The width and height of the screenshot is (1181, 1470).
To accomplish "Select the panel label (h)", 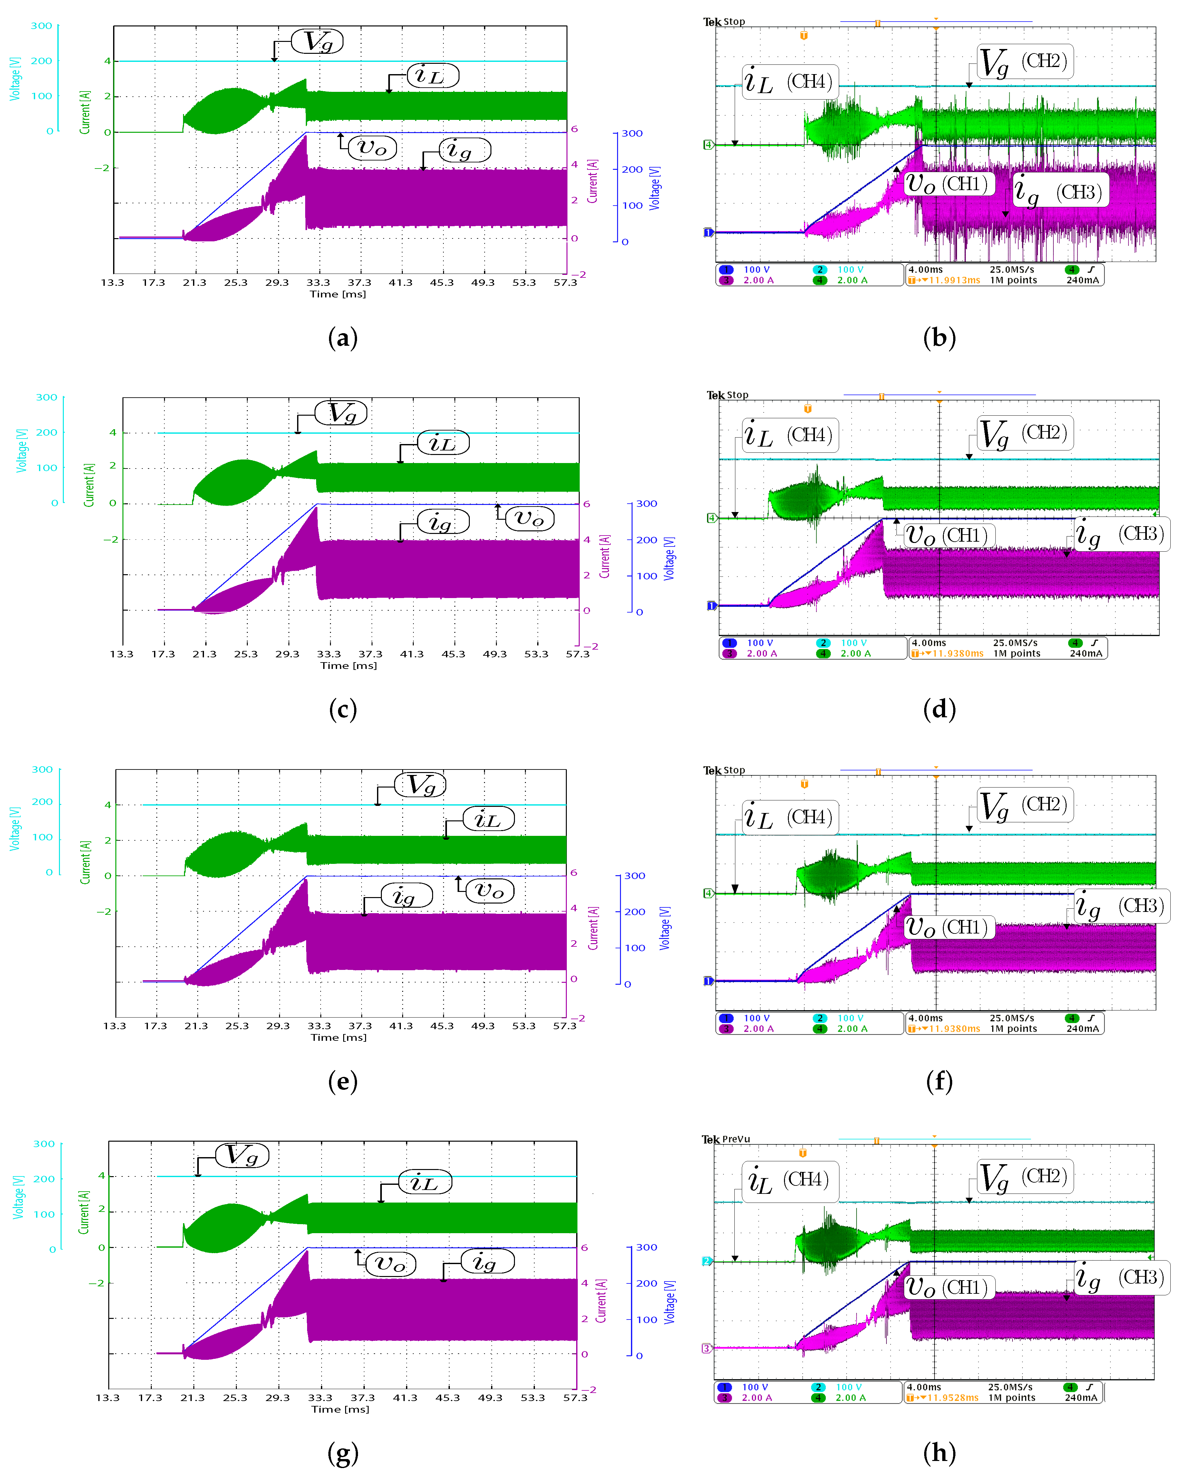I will point(939,1452).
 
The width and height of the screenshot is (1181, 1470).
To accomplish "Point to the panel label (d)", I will point(939,710).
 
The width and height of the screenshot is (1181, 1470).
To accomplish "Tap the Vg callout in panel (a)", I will point(317,42).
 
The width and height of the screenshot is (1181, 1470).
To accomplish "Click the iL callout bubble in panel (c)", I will point(443,443).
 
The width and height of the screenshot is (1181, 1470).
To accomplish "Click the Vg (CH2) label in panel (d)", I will point(1024,433).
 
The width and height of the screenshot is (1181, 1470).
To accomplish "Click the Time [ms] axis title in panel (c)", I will point(348,665).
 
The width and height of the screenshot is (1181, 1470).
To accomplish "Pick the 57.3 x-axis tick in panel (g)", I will point(575,1398).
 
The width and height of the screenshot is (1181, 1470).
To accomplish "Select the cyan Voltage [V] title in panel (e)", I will point(14,828).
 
